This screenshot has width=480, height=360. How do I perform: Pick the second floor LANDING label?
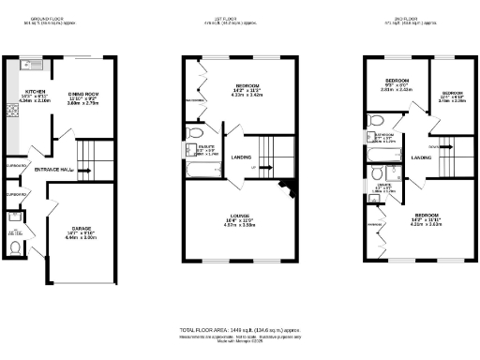point(421,157)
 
